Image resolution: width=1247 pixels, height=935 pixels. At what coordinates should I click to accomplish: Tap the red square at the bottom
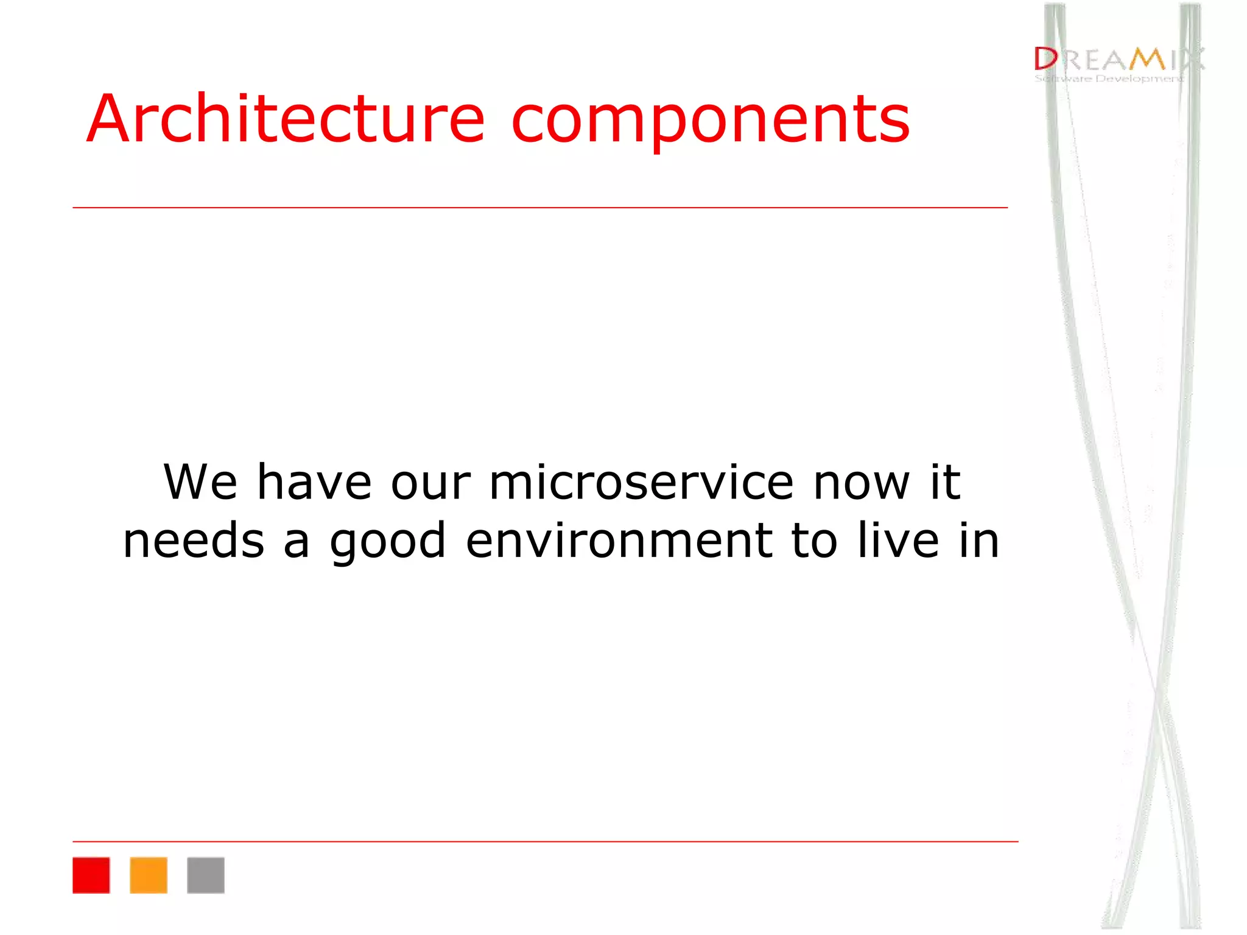point(91,875)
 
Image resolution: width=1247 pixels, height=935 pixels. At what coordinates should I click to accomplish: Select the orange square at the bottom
point(148,875)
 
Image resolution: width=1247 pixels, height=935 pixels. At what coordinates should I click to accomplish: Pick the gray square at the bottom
point(205,875)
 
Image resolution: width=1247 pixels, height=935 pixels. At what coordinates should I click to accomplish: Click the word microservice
point(641,482)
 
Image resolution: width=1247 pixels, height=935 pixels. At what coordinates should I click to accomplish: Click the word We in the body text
point(200,482)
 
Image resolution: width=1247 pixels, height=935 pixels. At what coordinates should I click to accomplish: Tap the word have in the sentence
point(314,482)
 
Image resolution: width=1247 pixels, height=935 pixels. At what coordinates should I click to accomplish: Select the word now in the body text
point(862,483)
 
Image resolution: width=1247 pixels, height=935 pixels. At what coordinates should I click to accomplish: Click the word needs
point(194,541)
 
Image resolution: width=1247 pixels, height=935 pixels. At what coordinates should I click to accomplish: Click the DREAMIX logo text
point(1118,59)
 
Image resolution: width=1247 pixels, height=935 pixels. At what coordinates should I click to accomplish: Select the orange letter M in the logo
point(1147,59)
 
